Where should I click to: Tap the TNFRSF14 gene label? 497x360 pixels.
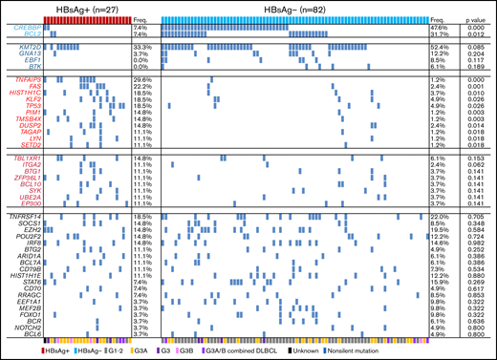click(26, 217)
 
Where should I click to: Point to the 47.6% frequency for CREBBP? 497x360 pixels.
click(440, 28)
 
